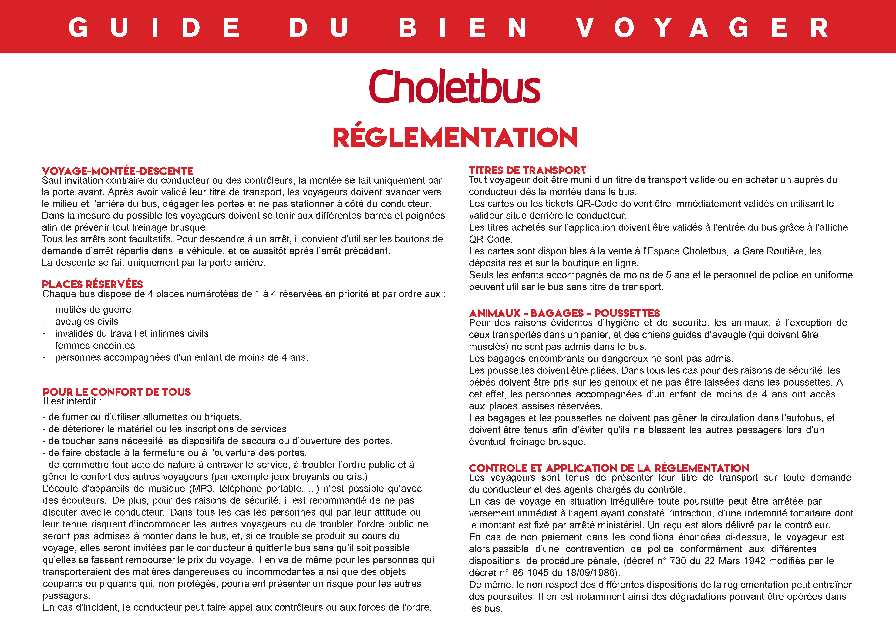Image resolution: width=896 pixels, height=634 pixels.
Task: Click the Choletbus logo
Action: pos(455,87)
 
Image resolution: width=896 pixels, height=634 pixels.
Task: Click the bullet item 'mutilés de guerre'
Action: pos(93,310)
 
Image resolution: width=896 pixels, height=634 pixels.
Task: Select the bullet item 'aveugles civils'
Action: pos(87,322)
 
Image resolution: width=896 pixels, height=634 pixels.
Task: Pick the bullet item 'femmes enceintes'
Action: pos(95,346)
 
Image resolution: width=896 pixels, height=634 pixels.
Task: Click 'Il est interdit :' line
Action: pos(72,402)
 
